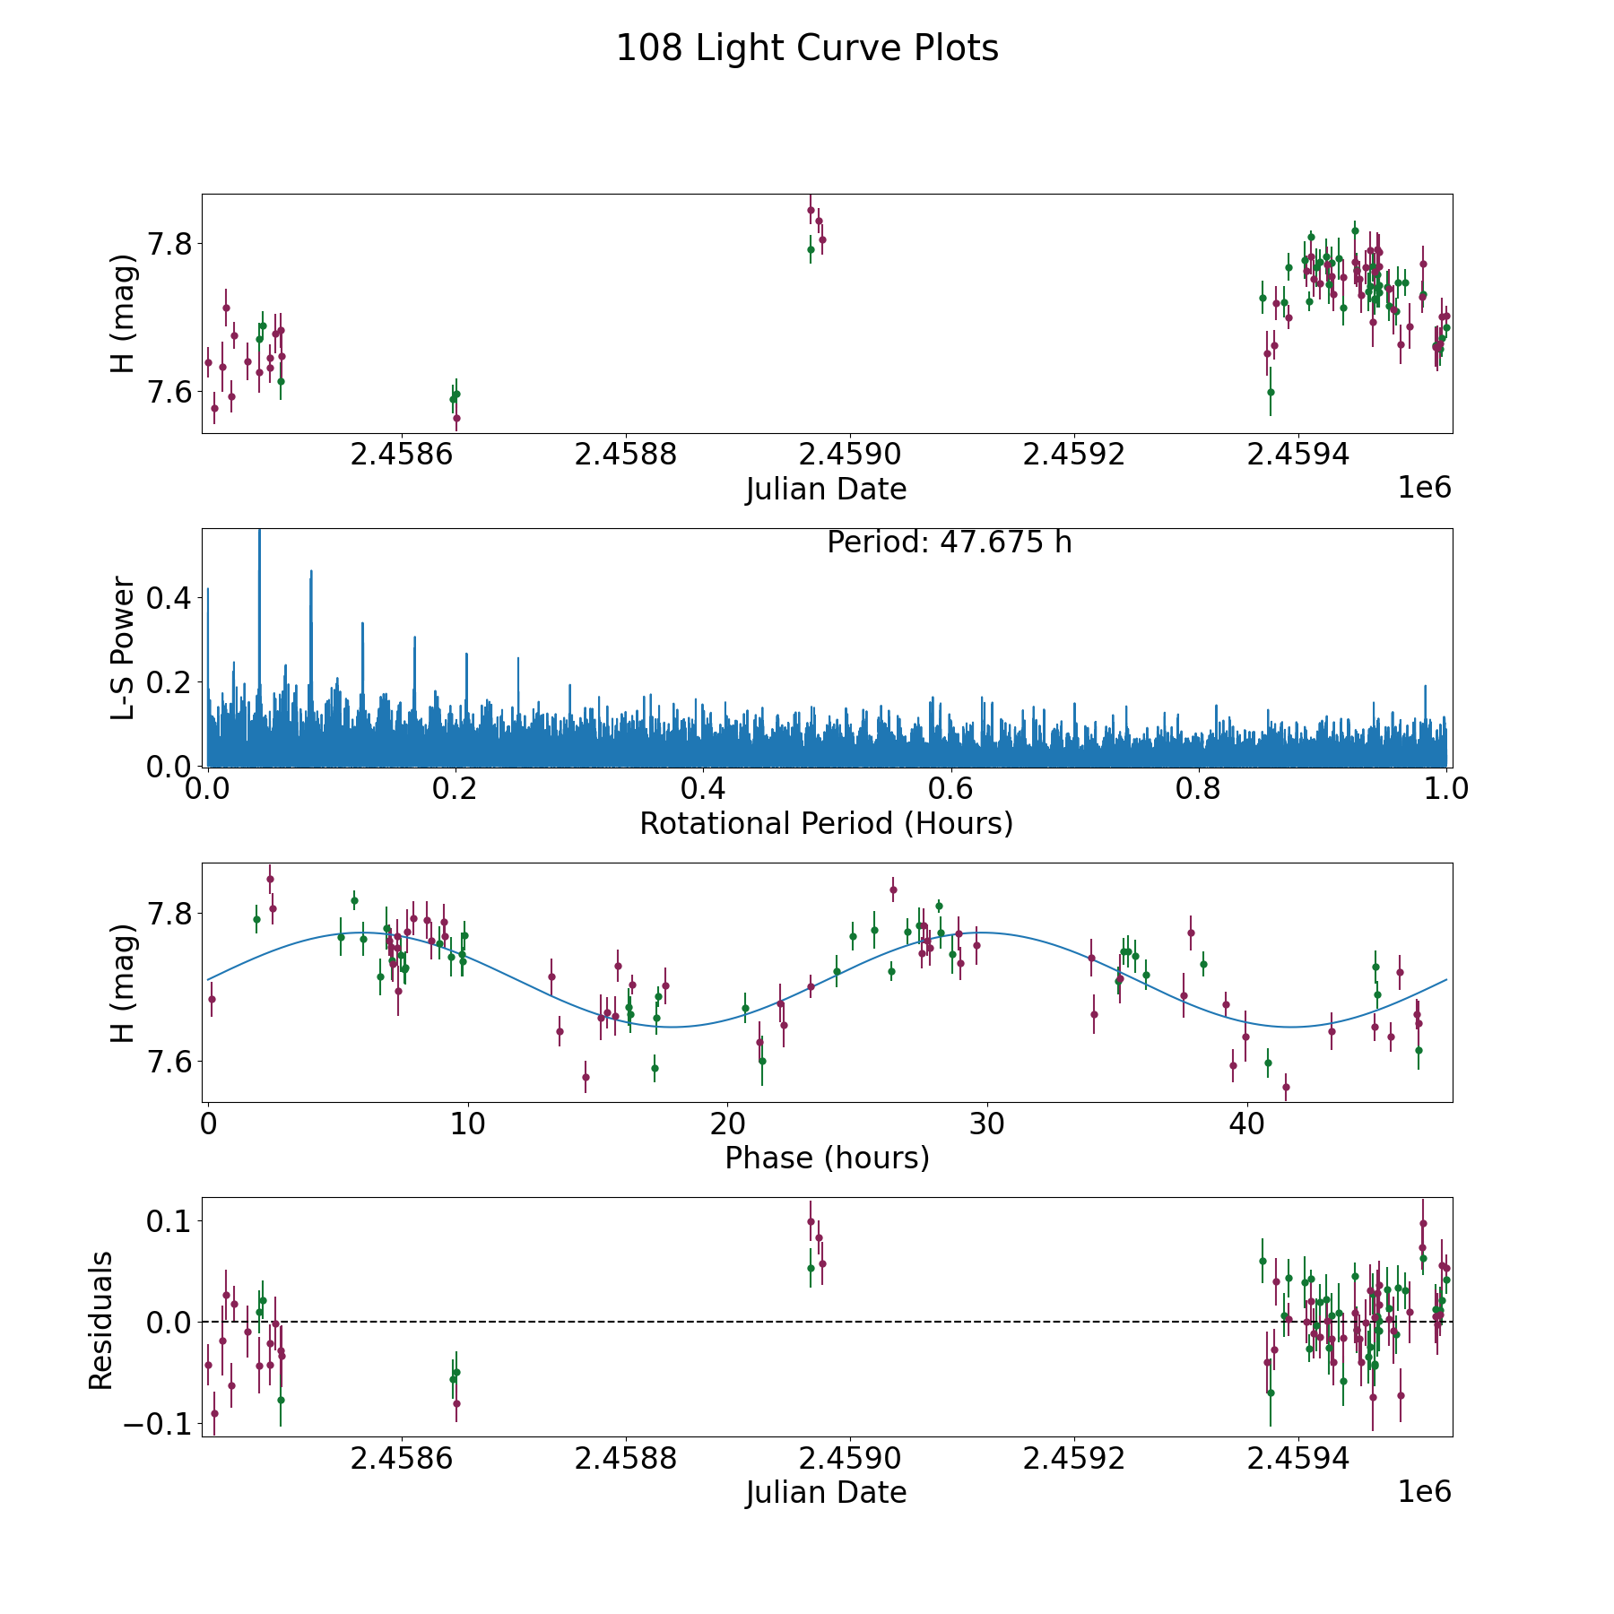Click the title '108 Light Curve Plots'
(x=807, y=48)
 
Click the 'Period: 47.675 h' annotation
(x=949, y=542)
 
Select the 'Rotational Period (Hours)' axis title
(x=826, y=823)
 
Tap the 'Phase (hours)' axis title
(x=827, y=1158)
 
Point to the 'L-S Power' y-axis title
(x=124, y=647)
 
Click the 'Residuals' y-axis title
(x=100, y=1320)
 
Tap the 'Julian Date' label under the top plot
(x=826, y=490)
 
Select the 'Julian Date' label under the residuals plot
(x=826, y=1493)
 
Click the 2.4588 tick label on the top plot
(x=626, y=455)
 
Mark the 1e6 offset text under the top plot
(x=1424, y=488)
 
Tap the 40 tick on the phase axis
(x=1246, y=1124)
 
